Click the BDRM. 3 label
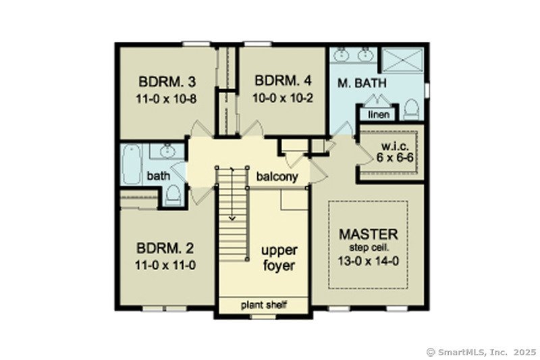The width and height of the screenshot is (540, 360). tap(167, 82)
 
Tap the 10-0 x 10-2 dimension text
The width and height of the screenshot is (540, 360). tap(283, 98)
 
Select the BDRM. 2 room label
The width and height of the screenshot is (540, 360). tap(165, 249)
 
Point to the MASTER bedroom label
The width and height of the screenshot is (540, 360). tap(368, 234)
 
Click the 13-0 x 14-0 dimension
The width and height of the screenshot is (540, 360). tap(368, 261)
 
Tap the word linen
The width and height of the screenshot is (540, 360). tap(379, 114)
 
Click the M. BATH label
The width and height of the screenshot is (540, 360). tap(362, 83)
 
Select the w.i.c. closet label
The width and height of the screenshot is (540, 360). tap(396, 147)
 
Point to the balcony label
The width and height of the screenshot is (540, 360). tap(277, 177)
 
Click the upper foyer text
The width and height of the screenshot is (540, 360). tap(279, 258)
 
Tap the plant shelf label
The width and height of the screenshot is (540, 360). tap(263, 305)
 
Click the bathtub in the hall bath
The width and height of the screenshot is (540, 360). tap(132, 164)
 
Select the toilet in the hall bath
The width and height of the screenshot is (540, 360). tap(173, 195)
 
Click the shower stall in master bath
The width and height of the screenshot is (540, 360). tap(402, 60)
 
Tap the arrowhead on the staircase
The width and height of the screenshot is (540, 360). tap(232, 218)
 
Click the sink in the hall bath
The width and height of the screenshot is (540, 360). tap(167, 151)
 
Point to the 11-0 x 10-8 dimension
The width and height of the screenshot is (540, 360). tap(166, 99)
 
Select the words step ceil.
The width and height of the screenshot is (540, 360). tap(369, 247)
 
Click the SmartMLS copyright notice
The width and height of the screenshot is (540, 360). tap(481, 352)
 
